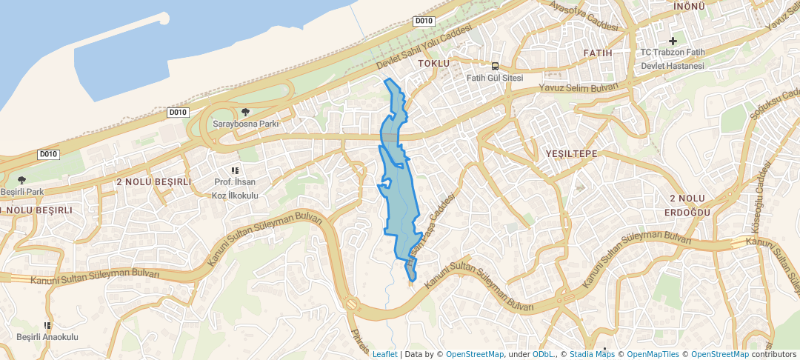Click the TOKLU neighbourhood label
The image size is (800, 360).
point(434,64)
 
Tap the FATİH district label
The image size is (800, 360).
point(598,53)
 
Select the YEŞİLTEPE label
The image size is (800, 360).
point(571,153)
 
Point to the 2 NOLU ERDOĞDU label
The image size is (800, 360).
point(690,205)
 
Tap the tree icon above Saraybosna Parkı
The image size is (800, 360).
point(245,112)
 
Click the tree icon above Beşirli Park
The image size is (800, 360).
point(21,180)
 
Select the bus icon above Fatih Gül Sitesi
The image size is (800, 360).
point(495,66)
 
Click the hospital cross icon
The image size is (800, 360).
point(673,41)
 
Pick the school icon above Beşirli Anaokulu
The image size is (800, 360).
point(47,325)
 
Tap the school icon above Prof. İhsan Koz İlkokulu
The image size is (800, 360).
point(235,171)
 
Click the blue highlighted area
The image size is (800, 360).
point(399,185)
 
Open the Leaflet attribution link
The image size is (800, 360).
point(384,354)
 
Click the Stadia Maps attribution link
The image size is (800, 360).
point(590,354)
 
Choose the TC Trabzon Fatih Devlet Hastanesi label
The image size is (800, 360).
point(673,59)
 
